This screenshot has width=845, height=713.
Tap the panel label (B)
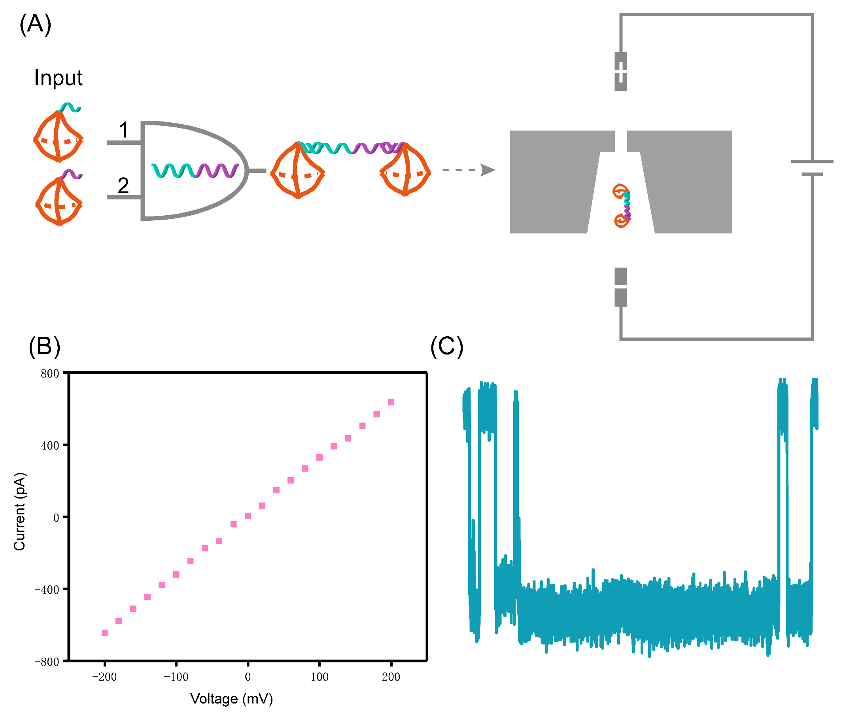coord(44,346)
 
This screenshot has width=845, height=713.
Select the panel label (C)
coord(446,346)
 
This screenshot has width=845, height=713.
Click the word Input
coord(58,78)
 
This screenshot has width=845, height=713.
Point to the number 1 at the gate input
coord(123,130)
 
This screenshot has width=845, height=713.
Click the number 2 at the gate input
coord(123,186)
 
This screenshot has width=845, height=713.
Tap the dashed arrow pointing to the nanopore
coord(469,170)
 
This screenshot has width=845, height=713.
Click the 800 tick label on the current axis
coord(50,374)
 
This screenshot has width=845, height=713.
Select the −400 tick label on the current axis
coord(47,590)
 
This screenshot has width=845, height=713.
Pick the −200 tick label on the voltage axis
coord(104,677)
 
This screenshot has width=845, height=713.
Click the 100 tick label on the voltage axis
coord(319,677)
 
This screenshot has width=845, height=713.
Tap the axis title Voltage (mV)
coord(231,699)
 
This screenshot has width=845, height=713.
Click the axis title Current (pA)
coord(19,511)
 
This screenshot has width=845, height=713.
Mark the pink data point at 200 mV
coord(391,402)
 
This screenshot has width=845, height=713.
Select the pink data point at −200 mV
coord(105,633)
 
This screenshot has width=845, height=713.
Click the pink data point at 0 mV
coord(248,516)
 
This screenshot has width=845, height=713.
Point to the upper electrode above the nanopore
coord(620,72)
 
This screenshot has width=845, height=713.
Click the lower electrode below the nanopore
coord(620,287)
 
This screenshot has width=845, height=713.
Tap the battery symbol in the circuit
coord(812,168)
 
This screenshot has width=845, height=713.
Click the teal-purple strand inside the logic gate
coord(195,171)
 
